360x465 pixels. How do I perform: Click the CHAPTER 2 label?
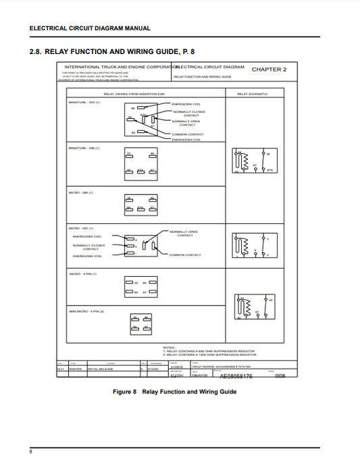point(269,70)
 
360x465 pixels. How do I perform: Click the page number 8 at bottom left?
point(30,450)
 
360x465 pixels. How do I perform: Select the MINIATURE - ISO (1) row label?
point(84,103)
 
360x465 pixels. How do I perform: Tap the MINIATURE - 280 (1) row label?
point(84,147)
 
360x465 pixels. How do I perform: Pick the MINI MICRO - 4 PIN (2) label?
point(86,311)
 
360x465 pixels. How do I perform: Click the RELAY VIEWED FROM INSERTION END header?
point(132,94)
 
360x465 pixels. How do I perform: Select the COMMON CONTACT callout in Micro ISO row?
point(185,255)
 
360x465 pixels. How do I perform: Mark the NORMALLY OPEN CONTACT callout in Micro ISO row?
point(184,233)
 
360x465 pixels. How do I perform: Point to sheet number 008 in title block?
point(281,376)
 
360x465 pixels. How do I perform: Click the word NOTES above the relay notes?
point(169,347)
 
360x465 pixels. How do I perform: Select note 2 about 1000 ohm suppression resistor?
point(209,355)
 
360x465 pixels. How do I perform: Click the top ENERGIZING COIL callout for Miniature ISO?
point(185,105)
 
